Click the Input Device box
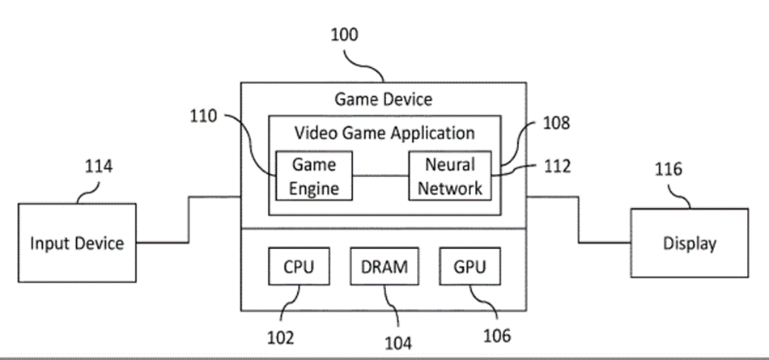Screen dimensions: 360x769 click(77, 244)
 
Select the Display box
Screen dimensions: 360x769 click(689, 244)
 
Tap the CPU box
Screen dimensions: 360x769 click(299, 266)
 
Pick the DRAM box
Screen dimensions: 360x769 click(384, 266)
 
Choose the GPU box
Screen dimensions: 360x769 click(469, 266)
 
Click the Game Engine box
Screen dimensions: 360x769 click(314, 176)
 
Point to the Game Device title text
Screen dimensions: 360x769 click(384, 100)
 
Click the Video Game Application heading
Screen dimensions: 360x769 click(384, 132)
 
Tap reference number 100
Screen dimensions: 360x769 click(344, 35)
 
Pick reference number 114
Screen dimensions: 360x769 click(98, 167)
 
